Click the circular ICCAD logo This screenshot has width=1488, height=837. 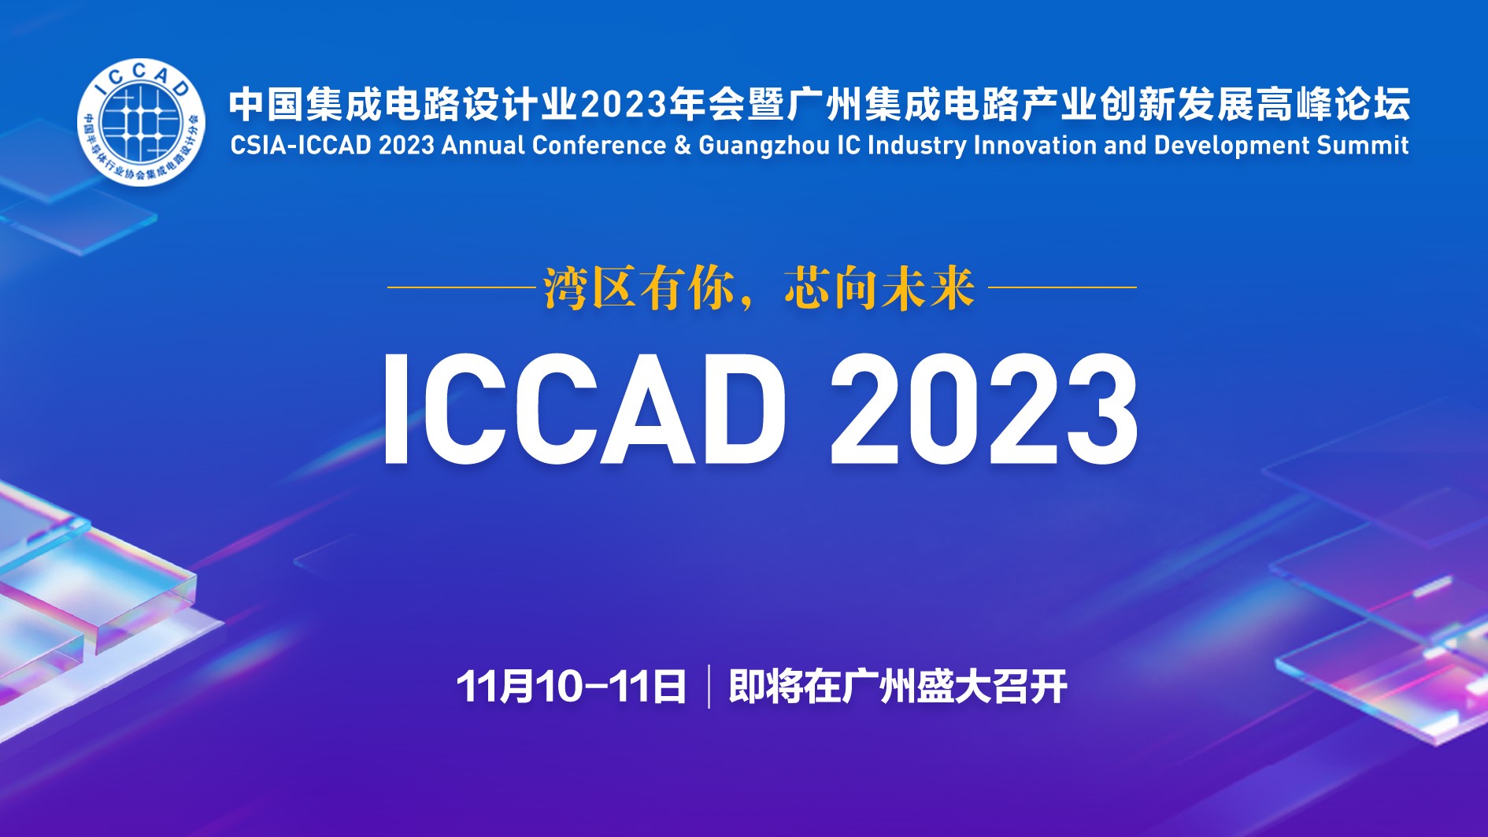pyautogui.click(x=141, y=123)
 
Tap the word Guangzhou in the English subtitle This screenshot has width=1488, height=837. pyautogui.click(x=764, y=146)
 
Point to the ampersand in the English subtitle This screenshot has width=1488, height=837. pyautogui.click(x=683, y=146)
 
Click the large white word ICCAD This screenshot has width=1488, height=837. pyautogui.click(x=583, y=409)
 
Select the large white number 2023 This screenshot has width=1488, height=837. pyautogui.click(x=984, y=409)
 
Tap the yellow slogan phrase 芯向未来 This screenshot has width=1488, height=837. pyautogui.click(x=879, y=288)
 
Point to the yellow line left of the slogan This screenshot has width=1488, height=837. pyautogui.click(x=461, y=287)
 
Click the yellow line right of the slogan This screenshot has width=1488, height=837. pyautogui.click(x=1062, y=287)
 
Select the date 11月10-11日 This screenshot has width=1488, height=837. pyautogui.click(x=571, y=687)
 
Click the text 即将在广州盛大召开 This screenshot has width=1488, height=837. pyautogui.click(x=898, y=687)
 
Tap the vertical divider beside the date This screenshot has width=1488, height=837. pyautogui.click(x=709, y=687)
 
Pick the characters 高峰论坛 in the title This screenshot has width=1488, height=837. pyautogui.click(x=1332, y=105)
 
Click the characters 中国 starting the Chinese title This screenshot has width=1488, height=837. pyautogui.click(x=266, y=105)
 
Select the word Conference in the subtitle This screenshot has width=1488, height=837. pyautogui.click(x=599, y=146)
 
